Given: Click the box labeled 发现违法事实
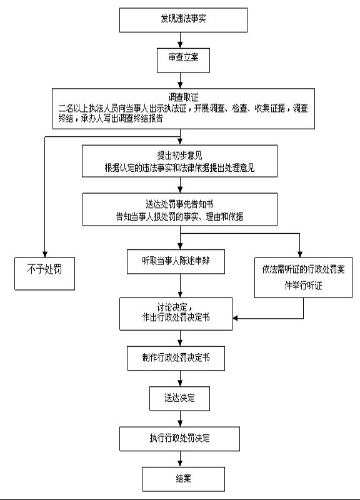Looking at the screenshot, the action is pyautogui.click(x=183, y=20).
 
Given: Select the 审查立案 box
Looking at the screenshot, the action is pyautogui.click(x=183, y=60).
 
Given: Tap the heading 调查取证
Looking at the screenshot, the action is pyautogui.click(x=183, y=97).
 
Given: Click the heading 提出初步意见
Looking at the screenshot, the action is pyautogui.click(x=179, y=156).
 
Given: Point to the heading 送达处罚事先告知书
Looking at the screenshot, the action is pyautogui.click(x=179, y=204).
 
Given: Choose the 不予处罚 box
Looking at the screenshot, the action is pyautogui.click(x=44, y=274).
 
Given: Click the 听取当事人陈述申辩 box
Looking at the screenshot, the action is pyautogui.click(x=176, y=261).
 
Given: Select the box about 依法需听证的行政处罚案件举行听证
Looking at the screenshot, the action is pyautogui.click(x=303, y=277).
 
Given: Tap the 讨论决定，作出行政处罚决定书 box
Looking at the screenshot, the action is pyautogui.click(x=176, y=314).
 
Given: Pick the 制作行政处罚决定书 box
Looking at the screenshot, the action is pyautogui.click(x=176, y=358).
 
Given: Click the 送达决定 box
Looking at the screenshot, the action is pyautogui.click(x=180, y=399).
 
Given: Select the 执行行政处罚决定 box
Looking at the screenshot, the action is pyautogui.click(x=180, y=439).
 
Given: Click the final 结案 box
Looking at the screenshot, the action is pyautogui.click(x=183, y=479).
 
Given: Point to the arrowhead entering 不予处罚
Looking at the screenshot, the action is pyautogui.click(x=44, y=254).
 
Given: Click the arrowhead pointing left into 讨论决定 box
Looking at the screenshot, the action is pyautogui.click(x=236, y=318).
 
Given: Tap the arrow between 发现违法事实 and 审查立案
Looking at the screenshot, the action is pyautogui.click(x=181, y=40).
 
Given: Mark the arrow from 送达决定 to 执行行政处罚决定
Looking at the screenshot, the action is pyautogui.click(x=181, y=419).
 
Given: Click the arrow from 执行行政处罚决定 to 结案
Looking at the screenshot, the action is pyautogui.click(x=181, y=459).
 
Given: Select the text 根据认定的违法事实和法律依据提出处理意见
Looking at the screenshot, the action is pyautogui.click(x=179, y=167).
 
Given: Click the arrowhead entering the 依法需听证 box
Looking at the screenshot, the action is pyautogui.click(x=300, y=254).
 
